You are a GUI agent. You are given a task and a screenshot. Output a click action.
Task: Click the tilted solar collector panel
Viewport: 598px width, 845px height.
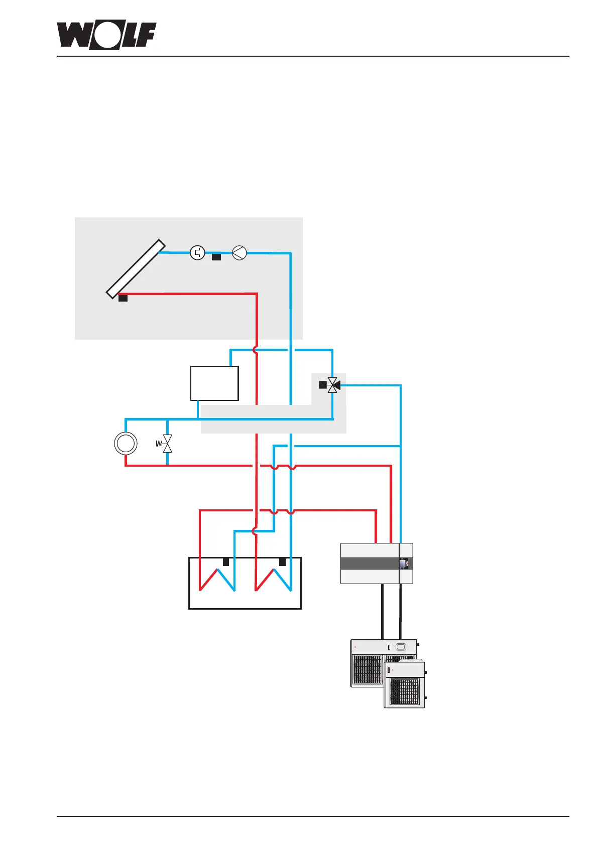[x=136, y=269]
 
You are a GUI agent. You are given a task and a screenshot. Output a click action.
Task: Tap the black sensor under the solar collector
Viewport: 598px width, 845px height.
[x=123, y=298]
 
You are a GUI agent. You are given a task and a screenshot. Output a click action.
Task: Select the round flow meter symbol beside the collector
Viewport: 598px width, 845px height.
[x=198, y=252]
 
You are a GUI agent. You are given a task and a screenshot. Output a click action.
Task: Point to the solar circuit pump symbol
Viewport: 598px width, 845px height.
[x=240, y=253]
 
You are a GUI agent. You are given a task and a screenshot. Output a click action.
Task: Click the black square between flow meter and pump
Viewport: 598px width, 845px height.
[x=216, y=257]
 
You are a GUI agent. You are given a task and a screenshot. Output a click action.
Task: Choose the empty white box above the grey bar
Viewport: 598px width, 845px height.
[x=214, y=383]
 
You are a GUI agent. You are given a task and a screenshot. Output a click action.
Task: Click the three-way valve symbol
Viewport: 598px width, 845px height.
[x=333, y=385]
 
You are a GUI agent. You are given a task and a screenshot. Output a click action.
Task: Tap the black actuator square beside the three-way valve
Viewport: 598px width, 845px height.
[x=323, y=385]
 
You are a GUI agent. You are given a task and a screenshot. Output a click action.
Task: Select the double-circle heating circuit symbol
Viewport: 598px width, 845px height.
[x=126, y=444]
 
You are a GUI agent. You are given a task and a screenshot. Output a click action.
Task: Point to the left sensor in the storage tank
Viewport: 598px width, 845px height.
[x=226, y=562]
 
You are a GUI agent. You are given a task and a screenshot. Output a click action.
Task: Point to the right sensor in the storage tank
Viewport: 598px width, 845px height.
[x=282, y=562]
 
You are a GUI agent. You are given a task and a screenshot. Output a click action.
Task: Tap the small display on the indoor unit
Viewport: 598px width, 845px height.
[x=403, y=564]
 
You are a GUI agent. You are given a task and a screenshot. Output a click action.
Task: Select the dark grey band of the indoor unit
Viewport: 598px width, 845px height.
[x=370, y=564]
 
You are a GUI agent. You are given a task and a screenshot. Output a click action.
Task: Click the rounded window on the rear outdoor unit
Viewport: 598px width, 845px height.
[x=401, y=647]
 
